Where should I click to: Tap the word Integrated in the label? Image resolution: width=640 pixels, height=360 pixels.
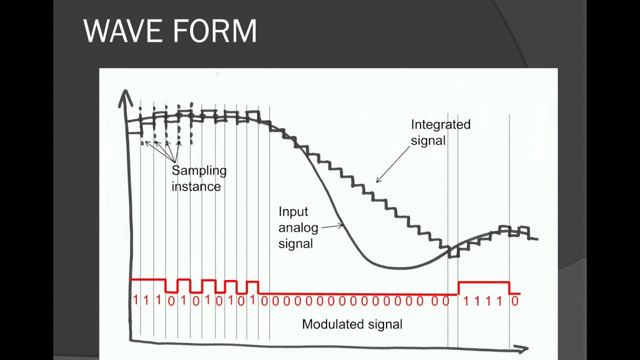440,124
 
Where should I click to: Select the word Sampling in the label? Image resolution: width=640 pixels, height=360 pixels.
199,170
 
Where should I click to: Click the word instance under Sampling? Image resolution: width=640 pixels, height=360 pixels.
196,186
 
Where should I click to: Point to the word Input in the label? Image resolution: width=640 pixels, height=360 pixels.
293,211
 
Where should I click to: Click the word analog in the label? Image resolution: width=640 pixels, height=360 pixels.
298,227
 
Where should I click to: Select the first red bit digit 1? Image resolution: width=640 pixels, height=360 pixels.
135,300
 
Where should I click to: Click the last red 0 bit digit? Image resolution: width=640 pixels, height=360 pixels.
515,301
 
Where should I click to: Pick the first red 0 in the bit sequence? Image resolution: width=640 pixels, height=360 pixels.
171,301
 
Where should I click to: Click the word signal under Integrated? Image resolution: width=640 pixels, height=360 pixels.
428,140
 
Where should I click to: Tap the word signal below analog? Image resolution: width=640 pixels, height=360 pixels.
295,243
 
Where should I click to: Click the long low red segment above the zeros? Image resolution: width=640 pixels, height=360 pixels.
357,294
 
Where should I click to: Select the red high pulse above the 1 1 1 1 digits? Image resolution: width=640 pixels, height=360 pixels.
483,282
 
